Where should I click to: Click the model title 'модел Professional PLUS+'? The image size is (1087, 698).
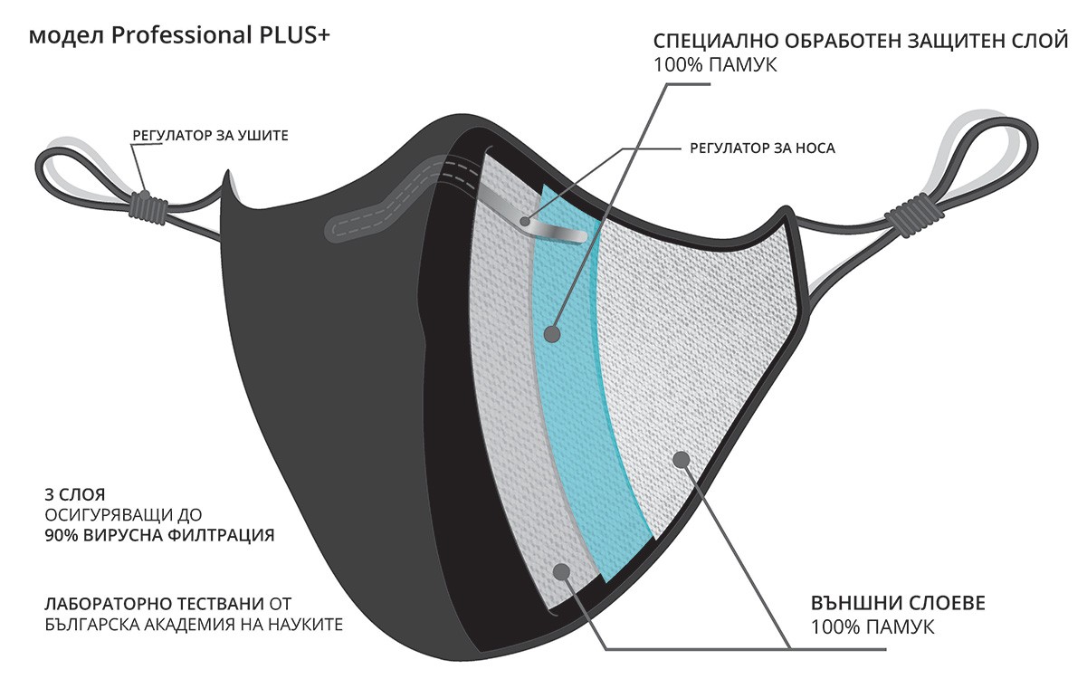(179, 36)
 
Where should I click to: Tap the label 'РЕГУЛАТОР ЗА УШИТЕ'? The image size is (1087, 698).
(211, 136)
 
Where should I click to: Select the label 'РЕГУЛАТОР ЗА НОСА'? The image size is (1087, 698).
(762, 148)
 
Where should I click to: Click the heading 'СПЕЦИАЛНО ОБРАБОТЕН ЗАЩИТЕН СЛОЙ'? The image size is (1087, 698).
(861, 42)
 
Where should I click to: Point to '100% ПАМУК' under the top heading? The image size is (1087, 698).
(715, 64)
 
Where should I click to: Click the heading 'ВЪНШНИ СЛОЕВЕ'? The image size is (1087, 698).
(898, 603)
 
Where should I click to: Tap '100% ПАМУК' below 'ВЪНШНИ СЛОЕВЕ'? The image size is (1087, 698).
(872, 626)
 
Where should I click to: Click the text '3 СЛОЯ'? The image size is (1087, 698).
(75, 494)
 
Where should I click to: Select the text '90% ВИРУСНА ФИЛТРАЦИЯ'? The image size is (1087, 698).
(159, 535)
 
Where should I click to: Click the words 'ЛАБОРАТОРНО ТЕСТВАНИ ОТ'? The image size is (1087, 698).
(168, 604)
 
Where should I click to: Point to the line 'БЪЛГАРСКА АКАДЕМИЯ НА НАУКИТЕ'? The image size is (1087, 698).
(194, 625)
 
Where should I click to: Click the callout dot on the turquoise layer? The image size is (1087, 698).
(552, 334)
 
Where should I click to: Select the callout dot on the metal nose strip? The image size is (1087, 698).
(525, 222)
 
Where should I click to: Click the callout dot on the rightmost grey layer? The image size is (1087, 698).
(682, 459)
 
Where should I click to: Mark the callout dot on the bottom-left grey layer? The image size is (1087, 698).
(561, 572)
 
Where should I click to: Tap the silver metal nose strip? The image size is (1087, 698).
(534, 217)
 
